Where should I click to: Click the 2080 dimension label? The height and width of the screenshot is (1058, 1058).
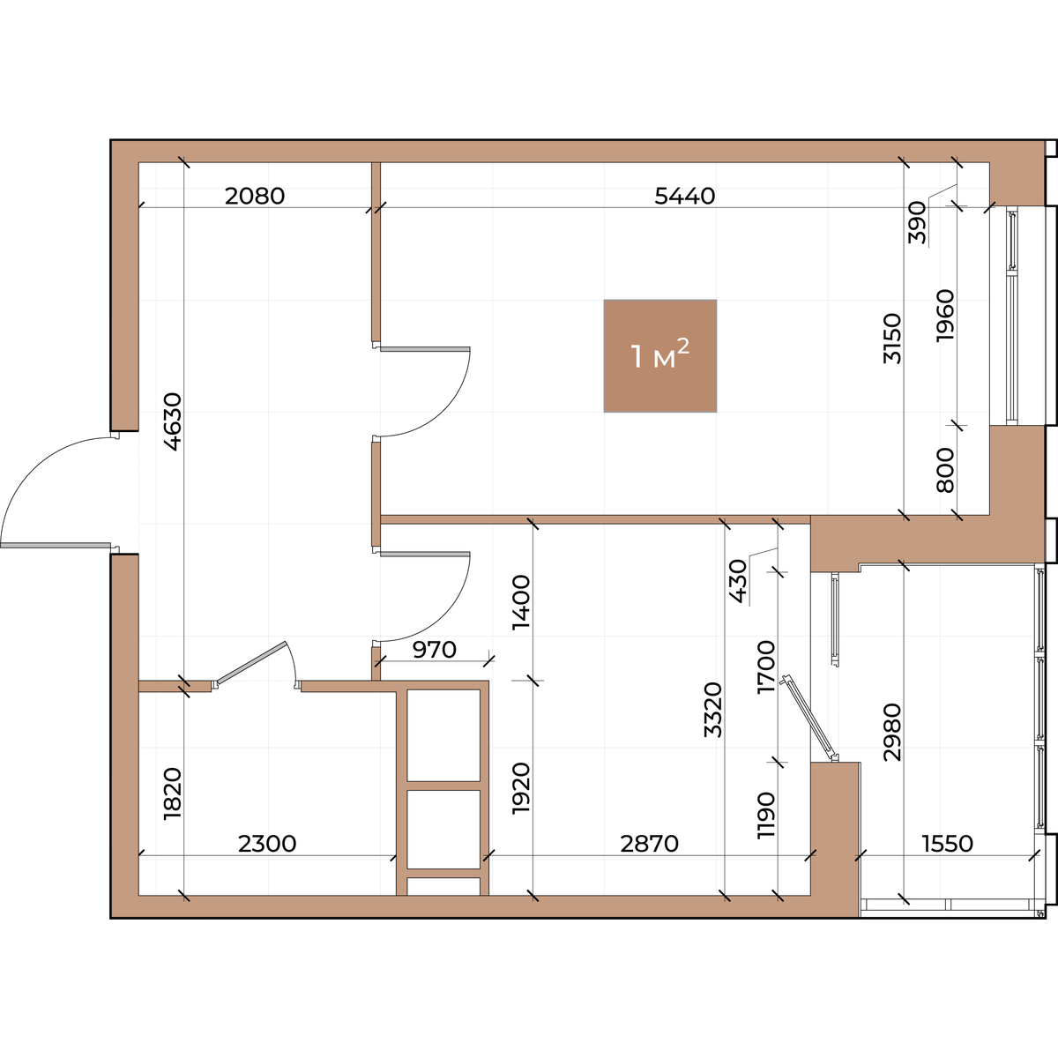[255, 196]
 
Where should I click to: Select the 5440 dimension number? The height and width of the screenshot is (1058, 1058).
[685, 196]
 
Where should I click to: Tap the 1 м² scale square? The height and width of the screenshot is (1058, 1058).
[660, 356]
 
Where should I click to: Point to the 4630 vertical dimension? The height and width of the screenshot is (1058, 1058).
[173, 421]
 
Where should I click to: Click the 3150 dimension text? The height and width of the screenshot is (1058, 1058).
[892, 339]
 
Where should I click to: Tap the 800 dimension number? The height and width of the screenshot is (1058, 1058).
[945, 470]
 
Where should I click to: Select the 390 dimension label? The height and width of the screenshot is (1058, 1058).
[917, 222]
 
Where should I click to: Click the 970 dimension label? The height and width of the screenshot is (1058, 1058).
[435, 650]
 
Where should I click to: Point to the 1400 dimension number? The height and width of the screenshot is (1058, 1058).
[521, 602]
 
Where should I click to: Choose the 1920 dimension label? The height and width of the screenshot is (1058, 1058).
[521, 788]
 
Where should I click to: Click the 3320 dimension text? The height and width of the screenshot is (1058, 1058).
[713, 710]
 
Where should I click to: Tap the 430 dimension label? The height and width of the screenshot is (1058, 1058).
[739, 581]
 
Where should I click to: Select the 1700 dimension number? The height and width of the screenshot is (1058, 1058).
[766, 667]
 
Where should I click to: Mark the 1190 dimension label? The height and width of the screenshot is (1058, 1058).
[766, 815]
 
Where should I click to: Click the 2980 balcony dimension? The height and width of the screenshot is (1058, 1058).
[892, 732]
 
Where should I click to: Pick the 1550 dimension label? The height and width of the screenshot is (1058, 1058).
[948, 844]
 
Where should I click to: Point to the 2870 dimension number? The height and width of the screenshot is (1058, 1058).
[650, 844]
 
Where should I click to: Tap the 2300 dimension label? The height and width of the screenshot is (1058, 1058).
[267, 844]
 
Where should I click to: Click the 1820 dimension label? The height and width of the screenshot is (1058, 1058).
[173, 793]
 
